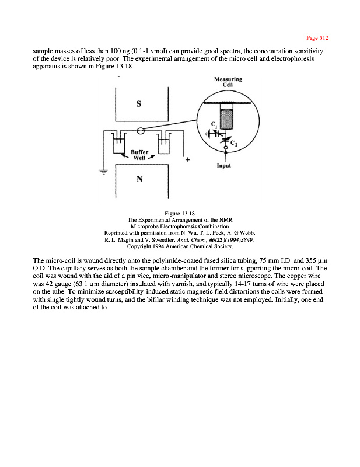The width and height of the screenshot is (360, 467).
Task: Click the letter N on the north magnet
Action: tap(139, 179)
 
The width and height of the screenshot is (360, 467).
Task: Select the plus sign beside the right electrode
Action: tap(188, 159)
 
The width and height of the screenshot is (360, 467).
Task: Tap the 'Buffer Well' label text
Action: tap(139, 154)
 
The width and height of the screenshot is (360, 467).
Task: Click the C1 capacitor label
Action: tap(214, 124)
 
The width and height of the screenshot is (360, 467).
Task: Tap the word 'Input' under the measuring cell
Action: tap(223, 165)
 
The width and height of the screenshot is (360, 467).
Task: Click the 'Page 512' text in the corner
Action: tap(318, 37)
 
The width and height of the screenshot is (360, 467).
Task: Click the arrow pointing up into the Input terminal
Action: tap(225, 155)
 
